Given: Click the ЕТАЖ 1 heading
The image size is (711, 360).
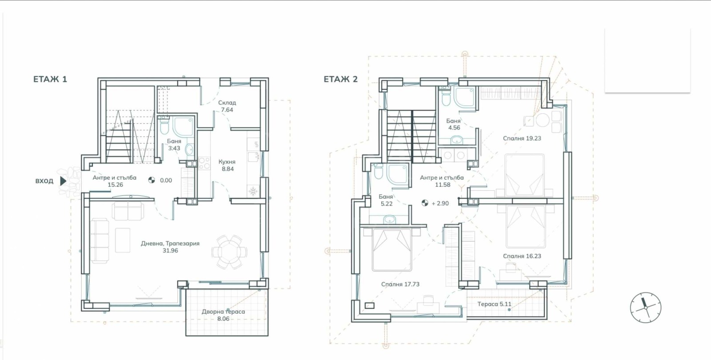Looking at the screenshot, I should [50, 79].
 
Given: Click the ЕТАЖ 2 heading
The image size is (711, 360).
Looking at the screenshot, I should [340, 79].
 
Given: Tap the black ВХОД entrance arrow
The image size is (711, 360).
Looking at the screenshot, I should [63, 181].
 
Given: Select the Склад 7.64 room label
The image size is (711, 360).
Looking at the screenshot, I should [227, 106].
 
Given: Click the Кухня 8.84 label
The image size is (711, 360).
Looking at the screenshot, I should [227, 165].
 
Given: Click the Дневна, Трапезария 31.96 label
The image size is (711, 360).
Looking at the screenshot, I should [170, 247].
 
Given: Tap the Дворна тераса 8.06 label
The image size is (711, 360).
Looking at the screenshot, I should [223, 315].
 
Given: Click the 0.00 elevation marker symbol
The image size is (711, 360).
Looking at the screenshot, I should [152, 180].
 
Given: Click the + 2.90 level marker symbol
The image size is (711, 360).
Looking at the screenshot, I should [424, 203].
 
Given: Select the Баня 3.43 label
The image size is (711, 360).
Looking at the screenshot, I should [174, 144].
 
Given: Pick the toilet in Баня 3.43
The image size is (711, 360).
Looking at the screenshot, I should [164, 126].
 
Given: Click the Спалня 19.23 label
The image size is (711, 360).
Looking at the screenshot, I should [522, 138].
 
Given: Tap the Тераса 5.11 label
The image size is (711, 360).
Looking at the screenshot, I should [494, 304].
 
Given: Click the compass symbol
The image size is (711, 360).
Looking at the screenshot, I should [645, 307].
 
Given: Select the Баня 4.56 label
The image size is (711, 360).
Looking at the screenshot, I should [454, 124].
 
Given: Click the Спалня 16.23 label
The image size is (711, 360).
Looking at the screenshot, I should [522, 256].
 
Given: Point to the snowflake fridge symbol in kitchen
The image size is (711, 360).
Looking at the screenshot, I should [253, 191].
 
